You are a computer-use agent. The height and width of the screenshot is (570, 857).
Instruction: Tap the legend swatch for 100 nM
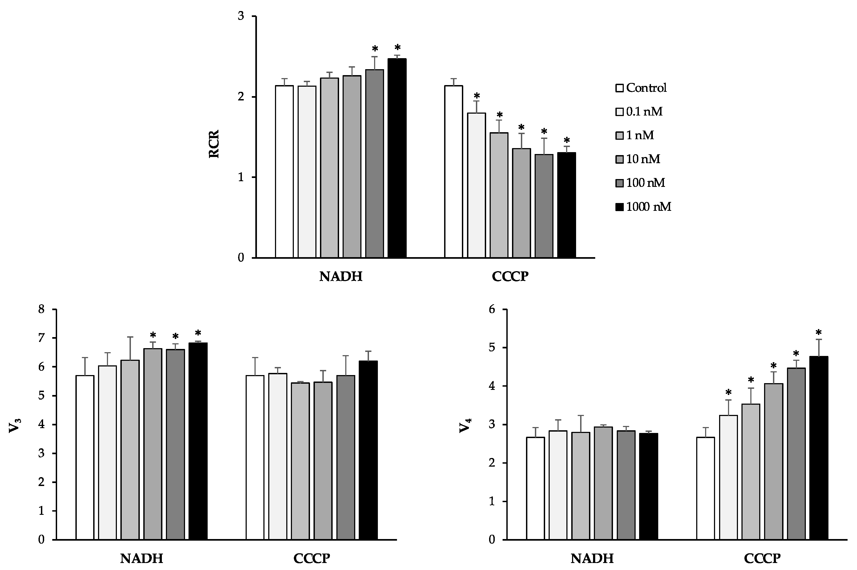pos(619,183)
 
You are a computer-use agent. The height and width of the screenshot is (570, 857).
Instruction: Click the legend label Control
pos(646,88)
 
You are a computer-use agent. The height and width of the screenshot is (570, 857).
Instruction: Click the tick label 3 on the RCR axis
pos(241,17)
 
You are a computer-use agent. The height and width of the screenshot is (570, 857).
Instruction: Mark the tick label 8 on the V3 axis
pos(41,310)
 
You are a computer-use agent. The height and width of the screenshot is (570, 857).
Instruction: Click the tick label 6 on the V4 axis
pos(492,310)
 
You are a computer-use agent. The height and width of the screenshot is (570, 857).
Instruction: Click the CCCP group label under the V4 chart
pos(762,558)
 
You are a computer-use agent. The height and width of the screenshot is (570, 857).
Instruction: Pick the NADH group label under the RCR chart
pos(341,277)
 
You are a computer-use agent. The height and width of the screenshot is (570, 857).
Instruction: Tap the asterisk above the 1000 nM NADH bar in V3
pos(198,333)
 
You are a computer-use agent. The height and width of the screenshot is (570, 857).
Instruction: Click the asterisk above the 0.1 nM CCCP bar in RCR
pos(477,96)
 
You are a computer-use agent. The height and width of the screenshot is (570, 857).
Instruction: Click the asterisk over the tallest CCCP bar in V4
pos(818,333)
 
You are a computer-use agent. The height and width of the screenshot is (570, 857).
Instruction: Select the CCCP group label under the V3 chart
pos(312,558)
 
